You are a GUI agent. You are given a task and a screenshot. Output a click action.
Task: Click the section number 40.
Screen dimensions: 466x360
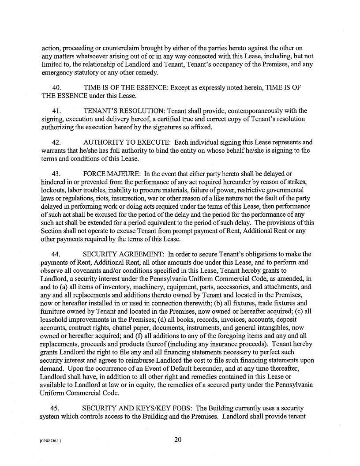[x=56, y=88]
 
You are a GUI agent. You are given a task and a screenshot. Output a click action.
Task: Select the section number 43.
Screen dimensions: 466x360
[x=56, y=174]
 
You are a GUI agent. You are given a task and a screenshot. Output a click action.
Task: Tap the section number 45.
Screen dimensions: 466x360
[x=56, y=408]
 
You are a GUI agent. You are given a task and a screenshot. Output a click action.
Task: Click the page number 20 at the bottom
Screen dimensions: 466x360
[x=178, y=439]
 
